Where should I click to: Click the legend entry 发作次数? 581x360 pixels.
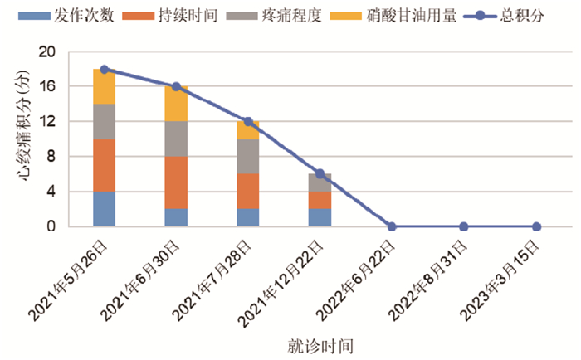(66, 16)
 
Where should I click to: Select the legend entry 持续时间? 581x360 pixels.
(169, 16)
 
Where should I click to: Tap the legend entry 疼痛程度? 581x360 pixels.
(274, 16)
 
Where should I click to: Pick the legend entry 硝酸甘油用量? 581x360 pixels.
(393, 16)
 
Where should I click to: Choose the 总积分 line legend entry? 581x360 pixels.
(504, 16)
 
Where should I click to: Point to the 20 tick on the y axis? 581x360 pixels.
(47, 52)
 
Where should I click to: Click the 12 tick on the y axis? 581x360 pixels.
(48, 121)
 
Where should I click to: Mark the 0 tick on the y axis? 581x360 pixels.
(51, 226)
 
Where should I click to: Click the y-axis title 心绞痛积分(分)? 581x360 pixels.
(22, 125)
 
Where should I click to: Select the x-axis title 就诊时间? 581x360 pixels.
(320, 346)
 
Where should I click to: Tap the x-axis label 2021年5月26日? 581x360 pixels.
(68, 280)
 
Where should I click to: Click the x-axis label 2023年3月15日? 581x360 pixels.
(500, 280)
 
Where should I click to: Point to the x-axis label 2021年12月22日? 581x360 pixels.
(281, 284)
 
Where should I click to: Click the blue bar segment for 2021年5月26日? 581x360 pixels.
(104, 209)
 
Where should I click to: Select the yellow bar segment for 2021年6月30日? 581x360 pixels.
(176, 104)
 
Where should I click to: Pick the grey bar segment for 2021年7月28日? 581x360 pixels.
(248, 157)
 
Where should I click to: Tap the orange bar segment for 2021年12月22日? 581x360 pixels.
(320, 201)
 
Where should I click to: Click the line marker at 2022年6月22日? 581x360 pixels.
(392, 226)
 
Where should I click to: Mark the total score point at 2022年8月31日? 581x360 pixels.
(464, 226)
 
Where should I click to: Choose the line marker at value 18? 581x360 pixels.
(104, 69)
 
